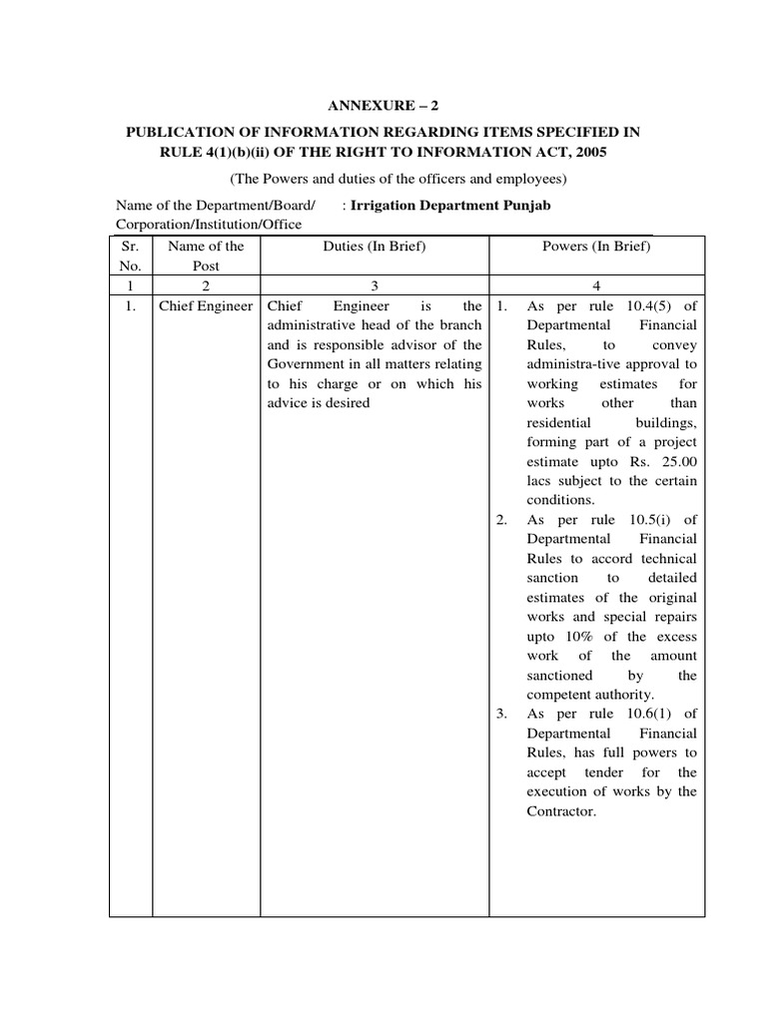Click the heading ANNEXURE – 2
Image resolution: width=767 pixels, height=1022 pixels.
click(383, 103)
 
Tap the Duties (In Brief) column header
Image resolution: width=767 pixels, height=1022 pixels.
click(374, 246)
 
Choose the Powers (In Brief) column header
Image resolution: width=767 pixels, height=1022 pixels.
click(596, 246)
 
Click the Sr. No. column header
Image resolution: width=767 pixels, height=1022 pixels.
click(130, 255)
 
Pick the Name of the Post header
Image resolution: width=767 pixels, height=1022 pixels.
click(206, 255)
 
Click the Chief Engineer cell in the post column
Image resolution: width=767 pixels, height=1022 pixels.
click(206, 305)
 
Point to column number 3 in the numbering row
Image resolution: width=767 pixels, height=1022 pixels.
click(374, 285)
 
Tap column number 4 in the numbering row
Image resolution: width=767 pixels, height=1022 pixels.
click(596, 285)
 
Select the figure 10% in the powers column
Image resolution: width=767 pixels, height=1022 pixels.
click(576, 637)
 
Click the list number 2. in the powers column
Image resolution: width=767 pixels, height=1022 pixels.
click(502, 520)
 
